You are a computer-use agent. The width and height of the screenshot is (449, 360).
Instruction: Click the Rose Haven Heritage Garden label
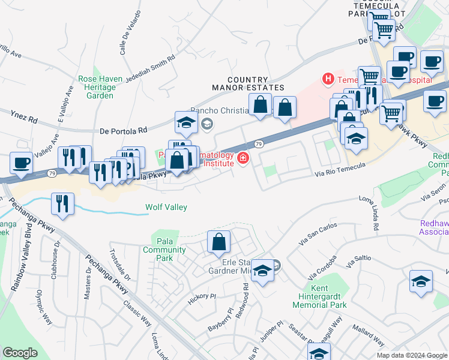(x=96, y=87)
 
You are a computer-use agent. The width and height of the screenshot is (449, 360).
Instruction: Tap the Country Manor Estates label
(x=248, y=83)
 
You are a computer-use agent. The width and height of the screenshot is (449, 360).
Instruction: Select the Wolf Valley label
(x=166, y=208)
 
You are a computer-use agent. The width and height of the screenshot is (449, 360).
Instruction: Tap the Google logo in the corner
(x=20, y=352)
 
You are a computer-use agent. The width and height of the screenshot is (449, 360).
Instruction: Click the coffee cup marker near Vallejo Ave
(x=22, y=162)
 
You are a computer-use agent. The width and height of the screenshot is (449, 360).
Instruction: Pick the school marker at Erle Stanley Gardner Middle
(x=262, y=271)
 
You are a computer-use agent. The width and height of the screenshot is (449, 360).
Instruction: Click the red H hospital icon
(x=328, y=79)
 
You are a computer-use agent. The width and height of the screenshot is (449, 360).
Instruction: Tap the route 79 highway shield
(x=258, y=144)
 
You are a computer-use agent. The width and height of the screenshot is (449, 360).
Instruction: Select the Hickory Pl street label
(x=201, y=296)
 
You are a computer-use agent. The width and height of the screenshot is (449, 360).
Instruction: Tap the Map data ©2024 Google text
(x=412, y=355)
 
